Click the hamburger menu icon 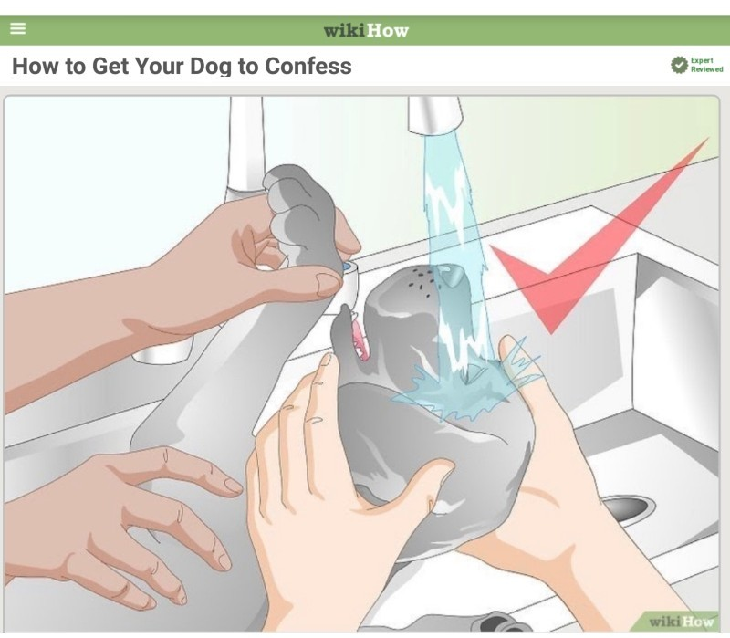click(17, 28)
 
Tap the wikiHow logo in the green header click(366, 31)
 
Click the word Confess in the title click(308, 66)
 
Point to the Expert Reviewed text click(706, 65)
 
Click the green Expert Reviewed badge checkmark click(679, 65)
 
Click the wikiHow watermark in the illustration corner click(680, 621)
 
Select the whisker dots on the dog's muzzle click(422, 282)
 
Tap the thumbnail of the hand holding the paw click(329, 283)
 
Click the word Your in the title click(159, 66)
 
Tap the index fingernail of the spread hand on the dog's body click(233, 486)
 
